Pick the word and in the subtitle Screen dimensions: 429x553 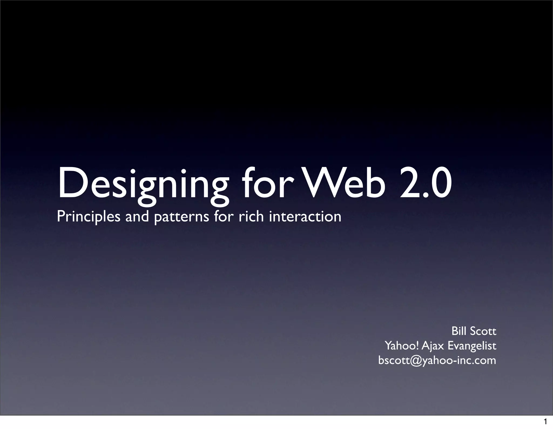[x=137, y=217]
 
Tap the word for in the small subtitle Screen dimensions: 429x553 [x=223, y=216]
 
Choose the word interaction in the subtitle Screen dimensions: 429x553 [x=305, y=217]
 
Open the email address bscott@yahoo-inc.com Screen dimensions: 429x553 [x=437, y=361]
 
